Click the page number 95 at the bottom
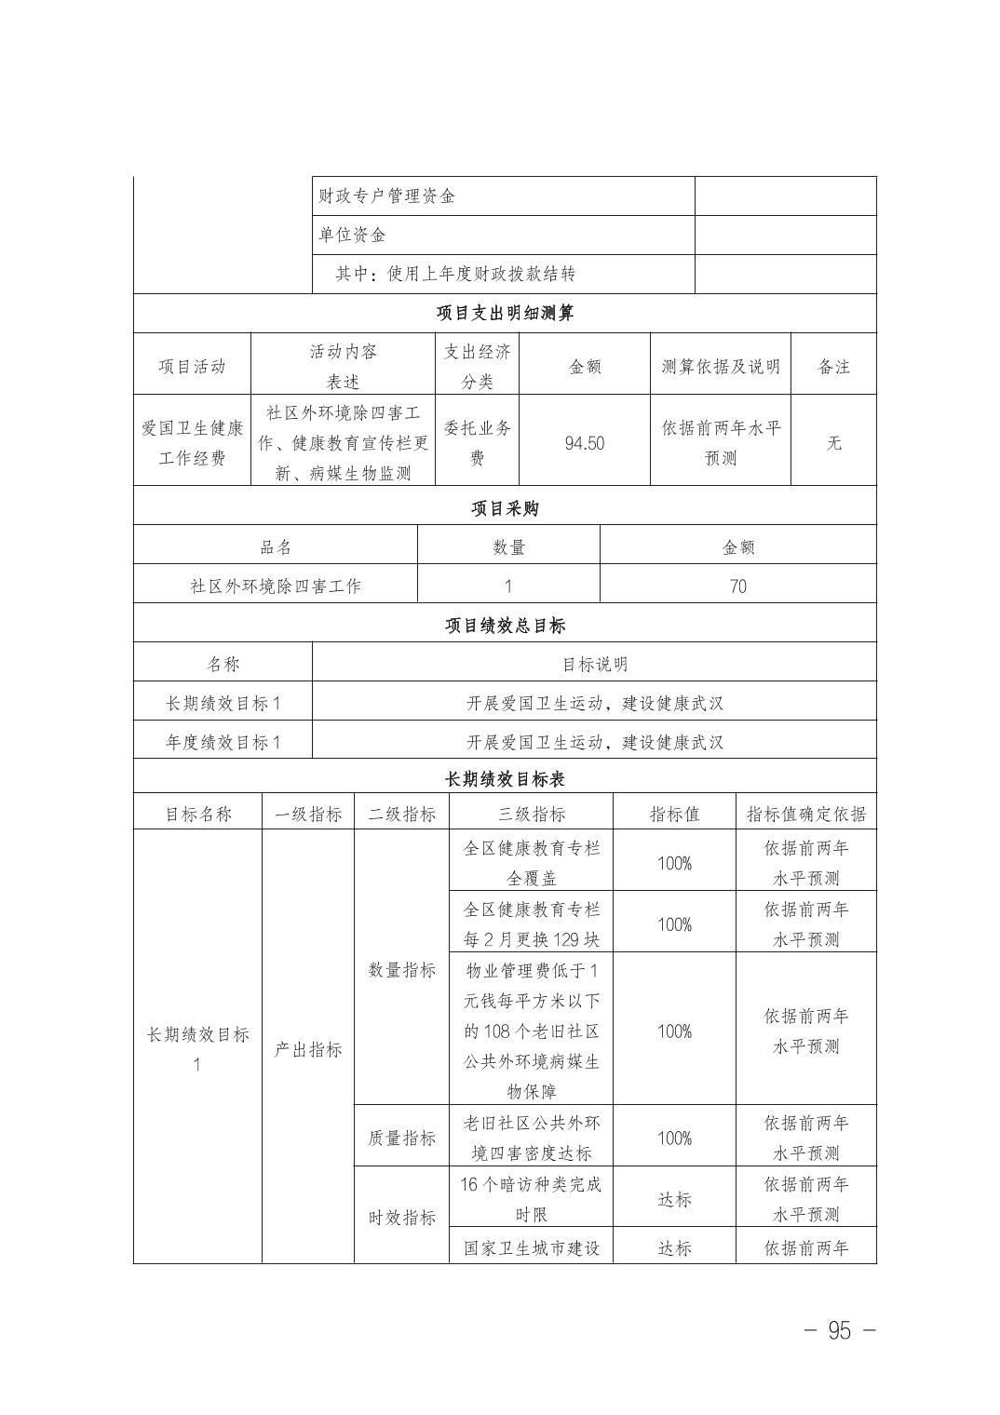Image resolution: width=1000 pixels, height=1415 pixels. click(839, 1330)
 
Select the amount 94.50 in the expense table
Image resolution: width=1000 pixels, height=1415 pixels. click(584, 443)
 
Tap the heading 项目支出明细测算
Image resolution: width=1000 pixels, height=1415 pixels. click(505, 313)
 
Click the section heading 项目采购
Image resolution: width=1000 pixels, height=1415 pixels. click(505, 508)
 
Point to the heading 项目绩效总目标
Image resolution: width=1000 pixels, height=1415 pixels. click(505, 626)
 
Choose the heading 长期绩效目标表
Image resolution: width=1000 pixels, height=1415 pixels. click(505, 778)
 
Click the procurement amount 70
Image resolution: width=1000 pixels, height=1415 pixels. click(737, 586)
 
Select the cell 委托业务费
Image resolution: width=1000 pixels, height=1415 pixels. click(477, 443)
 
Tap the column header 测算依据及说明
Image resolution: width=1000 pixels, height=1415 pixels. click(721, 367)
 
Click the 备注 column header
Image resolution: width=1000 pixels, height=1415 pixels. click(833, 367)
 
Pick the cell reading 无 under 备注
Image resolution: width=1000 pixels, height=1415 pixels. click(833, 443)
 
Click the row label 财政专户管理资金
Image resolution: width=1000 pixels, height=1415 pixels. click(387, 196)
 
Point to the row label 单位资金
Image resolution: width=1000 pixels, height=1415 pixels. click(352, 236)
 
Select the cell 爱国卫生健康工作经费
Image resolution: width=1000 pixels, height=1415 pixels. click(192, 443)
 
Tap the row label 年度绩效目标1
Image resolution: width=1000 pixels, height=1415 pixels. click(223, 743)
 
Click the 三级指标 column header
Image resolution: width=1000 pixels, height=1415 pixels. click(531, 815)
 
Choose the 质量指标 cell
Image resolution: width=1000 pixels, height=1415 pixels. click(401, 1138)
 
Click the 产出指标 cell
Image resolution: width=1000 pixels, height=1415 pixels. click(307, 1049)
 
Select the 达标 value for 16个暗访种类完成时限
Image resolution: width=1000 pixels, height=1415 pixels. click(674, 1199)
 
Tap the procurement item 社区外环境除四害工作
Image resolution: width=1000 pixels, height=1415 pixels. click(276, 586)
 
